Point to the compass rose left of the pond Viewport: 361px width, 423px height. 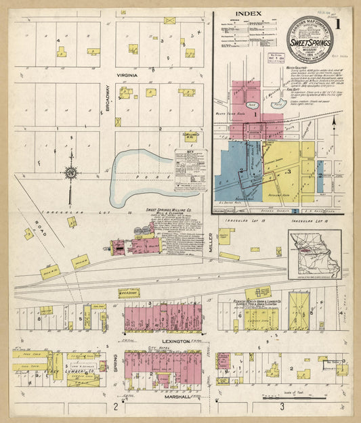(70, 173)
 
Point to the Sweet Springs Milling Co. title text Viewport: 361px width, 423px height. (169, 210)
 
